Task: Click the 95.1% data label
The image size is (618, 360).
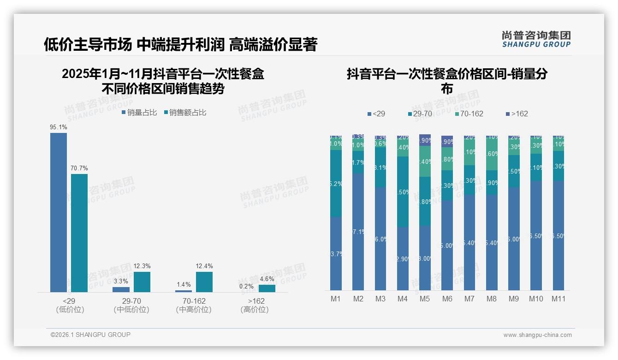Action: (59, 127)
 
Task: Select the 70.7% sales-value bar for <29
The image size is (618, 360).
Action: (79, 233)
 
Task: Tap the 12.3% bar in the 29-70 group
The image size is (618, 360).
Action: (142, 282)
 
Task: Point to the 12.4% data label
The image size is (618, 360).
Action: (204, 266)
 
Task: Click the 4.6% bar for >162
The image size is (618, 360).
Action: (267, 288)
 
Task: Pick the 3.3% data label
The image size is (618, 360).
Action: (121, 281)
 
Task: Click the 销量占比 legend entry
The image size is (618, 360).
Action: (139, 113)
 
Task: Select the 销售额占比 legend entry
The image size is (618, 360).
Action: (184, 113)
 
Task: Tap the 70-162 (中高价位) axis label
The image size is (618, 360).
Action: (194, 305)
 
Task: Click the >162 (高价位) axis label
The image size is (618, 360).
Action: (255, 305)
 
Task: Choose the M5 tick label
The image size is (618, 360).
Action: (425, 299)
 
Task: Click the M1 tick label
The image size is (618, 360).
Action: (336, 299)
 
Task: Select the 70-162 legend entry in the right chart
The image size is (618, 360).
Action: (469, 114)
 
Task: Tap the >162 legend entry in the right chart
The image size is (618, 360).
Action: (517, 114)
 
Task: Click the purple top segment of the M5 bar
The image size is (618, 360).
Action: (425, 140)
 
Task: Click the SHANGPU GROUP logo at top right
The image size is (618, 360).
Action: (536, 39)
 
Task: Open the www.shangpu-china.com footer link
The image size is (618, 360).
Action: (537, 335)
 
